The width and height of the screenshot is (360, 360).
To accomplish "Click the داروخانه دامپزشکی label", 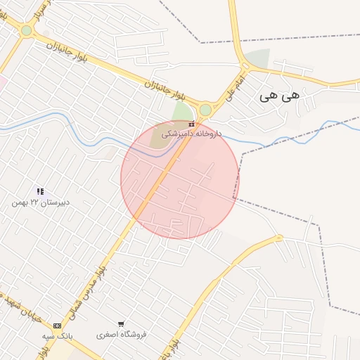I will click(191, 133).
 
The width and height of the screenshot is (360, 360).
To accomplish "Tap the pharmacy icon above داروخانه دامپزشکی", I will click(191, 124).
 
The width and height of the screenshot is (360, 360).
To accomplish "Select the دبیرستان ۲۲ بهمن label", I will click(40, 202).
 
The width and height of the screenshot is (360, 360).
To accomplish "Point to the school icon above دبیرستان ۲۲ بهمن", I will click(40, 191).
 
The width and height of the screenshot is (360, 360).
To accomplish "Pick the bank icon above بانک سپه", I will click(57, 326).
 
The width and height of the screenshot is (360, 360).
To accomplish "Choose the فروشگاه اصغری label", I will click(122, 335).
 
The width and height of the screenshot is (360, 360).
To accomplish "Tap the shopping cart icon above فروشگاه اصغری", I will click(121, 325).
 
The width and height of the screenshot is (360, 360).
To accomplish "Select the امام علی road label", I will click(236, 86).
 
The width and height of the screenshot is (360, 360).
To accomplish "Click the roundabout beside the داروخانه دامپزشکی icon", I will click(205, 110).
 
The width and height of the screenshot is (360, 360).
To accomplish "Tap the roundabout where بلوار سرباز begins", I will click(27, 30).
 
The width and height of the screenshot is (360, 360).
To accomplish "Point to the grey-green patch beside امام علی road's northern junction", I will click(259, 59).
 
